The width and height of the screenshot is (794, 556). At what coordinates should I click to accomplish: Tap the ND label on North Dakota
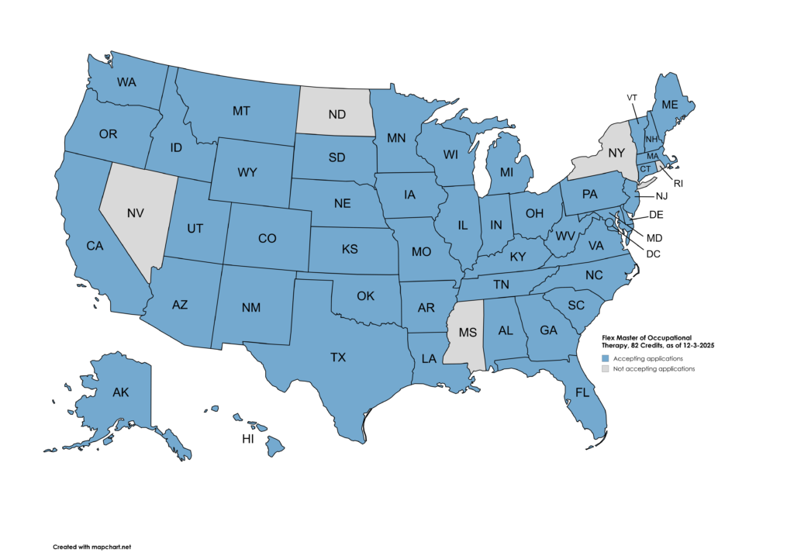coord(337,115)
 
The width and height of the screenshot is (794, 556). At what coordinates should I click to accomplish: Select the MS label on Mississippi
coord(468,333)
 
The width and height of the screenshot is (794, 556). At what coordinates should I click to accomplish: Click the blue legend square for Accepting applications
coord(607,359)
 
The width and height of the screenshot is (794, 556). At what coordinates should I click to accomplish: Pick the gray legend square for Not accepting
coord(607,369)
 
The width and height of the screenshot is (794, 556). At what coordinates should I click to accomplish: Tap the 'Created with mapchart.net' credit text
coord(86,547)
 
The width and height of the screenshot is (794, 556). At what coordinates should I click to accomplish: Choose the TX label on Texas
coord(338,357)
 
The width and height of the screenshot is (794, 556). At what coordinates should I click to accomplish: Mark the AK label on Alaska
coord(120,392)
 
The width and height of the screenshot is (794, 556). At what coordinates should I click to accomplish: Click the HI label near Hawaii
coord(248,439)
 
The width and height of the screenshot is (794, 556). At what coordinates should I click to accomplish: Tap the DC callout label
coord(654,254)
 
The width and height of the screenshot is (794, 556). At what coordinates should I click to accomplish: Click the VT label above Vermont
coord(632,97)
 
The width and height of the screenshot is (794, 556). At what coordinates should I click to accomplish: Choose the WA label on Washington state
coord(127,81)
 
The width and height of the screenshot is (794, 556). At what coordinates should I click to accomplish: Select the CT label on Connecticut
coord(643,168)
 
